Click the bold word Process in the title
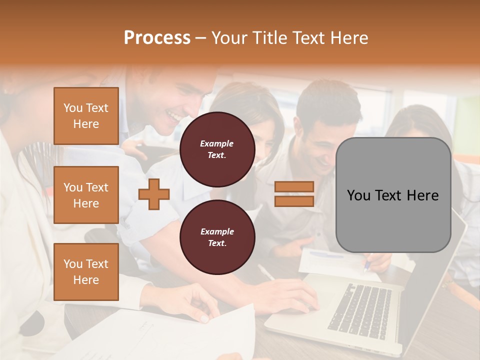[x=157, y=38]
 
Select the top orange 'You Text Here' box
[x=86, y=116]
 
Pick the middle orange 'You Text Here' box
[x=86, y=195]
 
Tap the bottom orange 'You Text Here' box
[x=86, y=272]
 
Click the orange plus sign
[x=154, y=194]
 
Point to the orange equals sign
[x=294, y=194]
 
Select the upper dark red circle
[x=217, y=149]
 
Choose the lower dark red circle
[x=217, y=237]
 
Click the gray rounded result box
[x=393, y=195]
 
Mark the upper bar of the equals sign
[x=294, y=187]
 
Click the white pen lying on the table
[x=266, y=272]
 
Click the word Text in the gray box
[x=393, y=195]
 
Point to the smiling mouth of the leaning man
[x=174, y=117]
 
